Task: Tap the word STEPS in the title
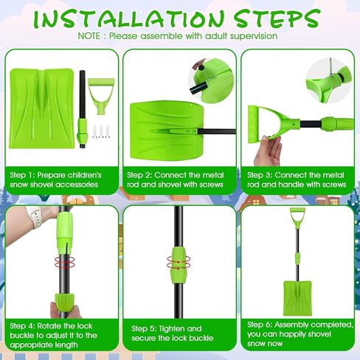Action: coord(277,18)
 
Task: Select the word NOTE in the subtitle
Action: coord(89,36)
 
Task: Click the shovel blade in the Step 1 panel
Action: coord(42,108)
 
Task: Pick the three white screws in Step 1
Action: coord(101,131)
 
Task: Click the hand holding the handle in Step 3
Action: coord(268,150)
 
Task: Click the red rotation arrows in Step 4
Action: coord(64,262)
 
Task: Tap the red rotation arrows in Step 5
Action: coord(179,262)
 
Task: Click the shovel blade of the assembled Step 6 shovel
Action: coord(298,298)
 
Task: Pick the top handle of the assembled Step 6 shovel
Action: coord(297,218)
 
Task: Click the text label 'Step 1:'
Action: coord(21,175)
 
